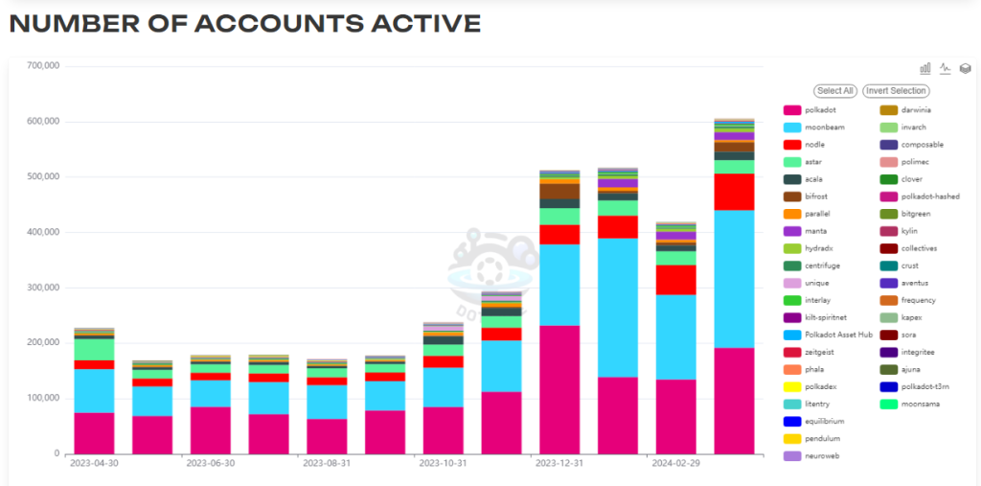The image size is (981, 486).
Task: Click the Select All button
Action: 834,91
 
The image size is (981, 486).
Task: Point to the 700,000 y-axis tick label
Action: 41,66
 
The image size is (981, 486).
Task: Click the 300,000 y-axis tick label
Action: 41,288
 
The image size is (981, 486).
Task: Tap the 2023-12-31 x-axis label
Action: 559,463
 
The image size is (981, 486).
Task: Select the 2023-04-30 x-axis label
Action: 94,463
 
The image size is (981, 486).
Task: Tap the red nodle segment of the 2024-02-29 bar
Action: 675,279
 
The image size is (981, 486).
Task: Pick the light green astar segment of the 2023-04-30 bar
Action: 94,349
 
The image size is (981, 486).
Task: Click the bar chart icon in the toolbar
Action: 925,68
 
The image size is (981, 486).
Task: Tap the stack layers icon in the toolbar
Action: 966,68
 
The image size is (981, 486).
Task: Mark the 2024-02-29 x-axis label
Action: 675,463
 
